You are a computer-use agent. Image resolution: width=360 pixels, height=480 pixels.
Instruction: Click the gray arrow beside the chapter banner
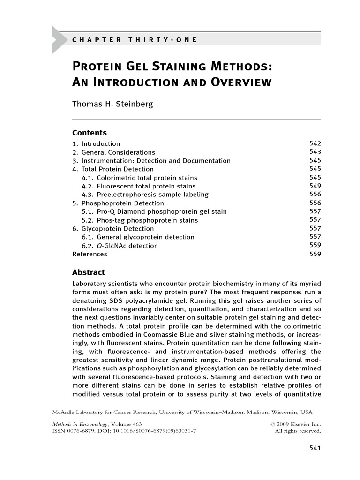click(59, 39)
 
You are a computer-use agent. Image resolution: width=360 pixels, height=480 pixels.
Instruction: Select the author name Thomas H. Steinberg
click(112, 104)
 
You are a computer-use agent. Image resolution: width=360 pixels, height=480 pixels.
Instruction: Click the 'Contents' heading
click(90, 133)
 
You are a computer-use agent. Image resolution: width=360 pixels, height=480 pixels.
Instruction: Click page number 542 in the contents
click(315, 143)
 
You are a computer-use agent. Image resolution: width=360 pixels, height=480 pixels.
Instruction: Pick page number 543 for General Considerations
click(315, 152)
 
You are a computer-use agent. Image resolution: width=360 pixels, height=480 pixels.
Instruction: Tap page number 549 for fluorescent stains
click(315, 186)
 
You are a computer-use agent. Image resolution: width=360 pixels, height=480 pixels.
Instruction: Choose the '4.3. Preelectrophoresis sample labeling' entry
click(145, 195)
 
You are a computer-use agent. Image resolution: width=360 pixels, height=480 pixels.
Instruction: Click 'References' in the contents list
click(90, 254)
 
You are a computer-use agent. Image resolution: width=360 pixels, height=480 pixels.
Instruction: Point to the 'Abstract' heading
click(89, 272)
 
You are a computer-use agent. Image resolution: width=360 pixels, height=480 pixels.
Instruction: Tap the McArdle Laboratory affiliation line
click(182, 412)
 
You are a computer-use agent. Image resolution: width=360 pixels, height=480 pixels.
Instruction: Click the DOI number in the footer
click(152, 431)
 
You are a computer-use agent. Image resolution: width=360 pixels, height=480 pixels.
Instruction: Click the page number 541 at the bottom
click(315, 449)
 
